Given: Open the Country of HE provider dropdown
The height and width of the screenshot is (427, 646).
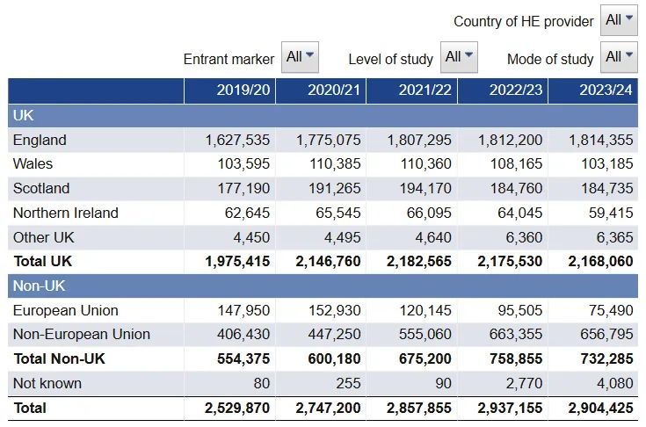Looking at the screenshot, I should (x=619, y=20).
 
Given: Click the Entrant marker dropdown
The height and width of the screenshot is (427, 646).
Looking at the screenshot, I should (x=300, y=57).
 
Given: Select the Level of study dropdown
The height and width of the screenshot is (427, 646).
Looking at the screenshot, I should (x=459, y=57).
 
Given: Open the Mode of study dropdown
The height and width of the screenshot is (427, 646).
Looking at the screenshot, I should (x=619, y=57).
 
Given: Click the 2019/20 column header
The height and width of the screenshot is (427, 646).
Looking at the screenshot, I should (x=243, y=90).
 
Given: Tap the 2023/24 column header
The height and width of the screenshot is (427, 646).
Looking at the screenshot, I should (x=606, y=90).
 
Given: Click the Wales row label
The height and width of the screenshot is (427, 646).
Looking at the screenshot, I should (x=33, y=164).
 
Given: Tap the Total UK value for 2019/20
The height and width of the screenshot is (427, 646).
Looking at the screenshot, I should (x=237, y=262).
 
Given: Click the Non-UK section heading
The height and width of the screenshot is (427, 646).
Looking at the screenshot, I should (x=40, y=286).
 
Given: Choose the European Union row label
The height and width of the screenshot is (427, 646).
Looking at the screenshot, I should (x=66, y=310).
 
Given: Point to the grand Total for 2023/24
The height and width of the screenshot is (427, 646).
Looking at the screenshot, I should (x=600, y=408).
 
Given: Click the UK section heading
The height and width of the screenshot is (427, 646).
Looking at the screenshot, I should (x=24, y=115).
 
